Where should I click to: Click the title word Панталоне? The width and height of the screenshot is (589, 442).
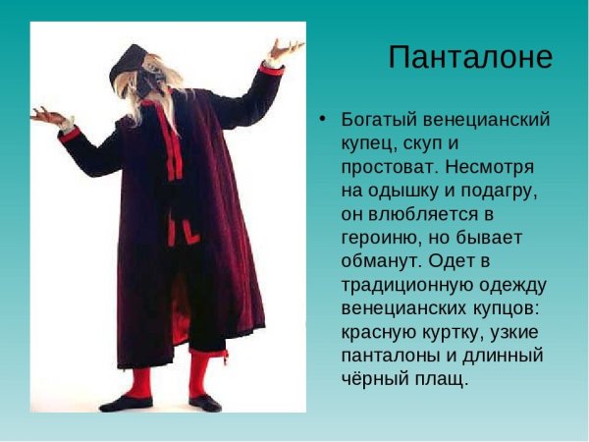tap(470, 57)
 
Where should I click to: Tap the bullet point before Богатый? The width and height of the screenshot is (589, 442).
tap(321, 118)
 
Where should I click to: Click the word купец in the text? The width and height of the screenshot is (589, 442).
tap(368, 143)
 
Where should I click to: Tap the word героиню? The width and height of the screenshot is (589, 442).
tap(381, 238)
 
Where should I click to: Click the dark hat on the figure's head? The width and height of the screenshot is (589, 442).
tap(128, 64)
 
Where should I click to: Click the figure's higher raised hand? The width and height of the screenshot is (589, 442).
tap(285, 48)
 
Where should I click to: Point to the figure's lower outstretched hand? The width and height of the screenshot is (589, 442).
tap(47, 116)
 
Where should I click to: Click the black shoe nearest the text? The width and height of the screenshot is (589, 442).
tap(205, 403)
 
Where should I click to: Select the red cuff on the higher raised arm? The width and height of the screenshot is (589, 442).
tap(271, 68)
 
